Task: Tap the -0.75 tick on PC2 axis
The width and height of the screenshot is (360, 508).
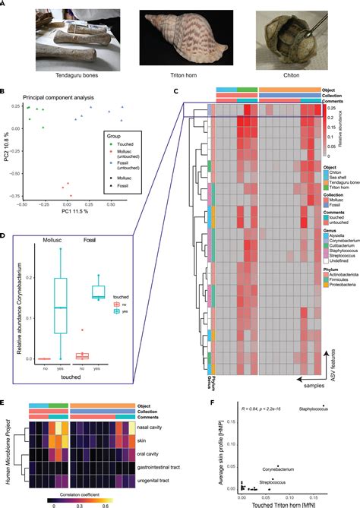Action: [13, 196]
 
